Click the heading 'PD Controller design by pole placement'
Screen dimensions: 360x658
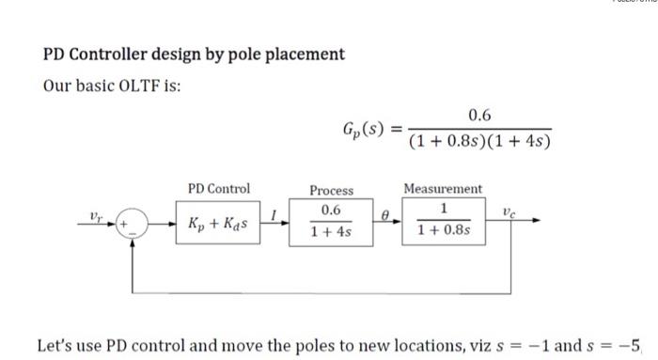pyautogui.click(x=195, y=54)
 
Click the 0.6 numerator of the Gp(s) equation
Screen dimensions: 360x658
pyautogui.click(x=479, y=116)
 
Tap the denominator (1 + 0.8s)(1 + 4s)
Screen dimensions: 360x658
pyautogui.click(x=479, y=142)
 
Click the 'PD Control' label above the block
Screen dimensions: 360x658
pyautogui.click(x=218, y=188)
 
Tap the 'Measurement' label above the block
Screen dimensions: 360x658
pyautogui.click(x=442, y=189)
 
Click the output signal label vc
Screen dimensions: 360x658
pyautogui.click(x=509, y=213)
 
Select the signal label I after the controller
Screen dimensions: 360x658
pyautogui.click(x=273, y=216)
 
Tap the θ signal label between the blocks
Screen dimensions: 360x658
pyautogui.click(x=384, y=216)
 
